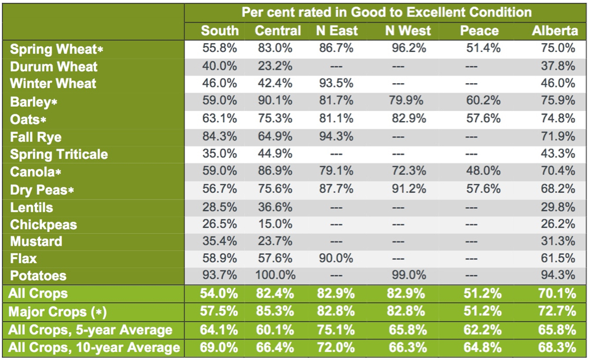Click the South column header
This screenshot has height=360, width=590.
(219, 31)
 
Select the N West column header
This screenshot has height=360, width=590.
(408, 31)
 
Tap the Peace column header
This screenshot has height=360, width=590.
(479, 31)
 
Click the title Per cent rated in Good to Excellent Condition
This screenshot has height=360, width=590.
(386, 12)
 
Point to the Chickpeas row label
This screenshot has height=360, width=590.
(43, 225)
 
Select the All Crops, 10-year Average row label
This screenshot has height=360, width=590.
(94, 348)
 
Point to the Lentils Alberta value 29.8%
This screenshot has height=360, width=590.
(560, 207)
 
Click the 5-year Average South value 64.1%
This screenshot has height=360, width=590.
(219, 329)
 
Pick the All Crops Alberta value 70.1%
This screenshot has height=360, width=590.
(560, 293)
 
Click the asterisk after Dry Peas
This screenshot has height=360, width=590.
(70, 191)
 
